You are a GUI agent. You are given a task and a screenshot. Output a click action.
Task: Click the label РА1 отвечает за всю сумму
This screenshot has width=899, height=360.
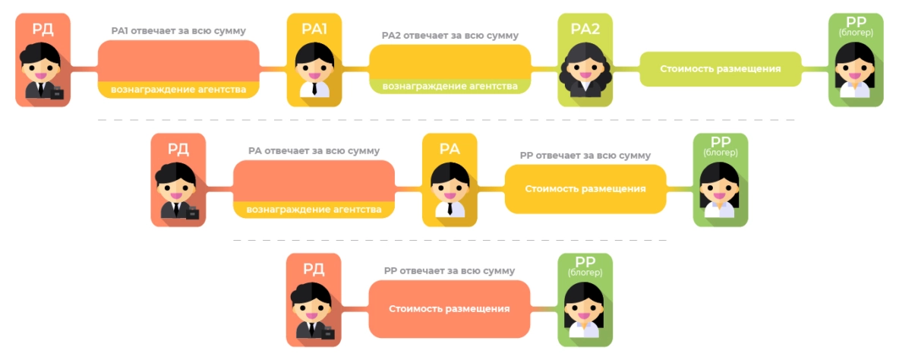point(178,31)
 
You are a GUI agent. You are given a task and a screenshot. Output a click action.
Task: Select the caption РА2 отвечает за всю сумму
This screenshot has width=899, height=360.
point(450,36)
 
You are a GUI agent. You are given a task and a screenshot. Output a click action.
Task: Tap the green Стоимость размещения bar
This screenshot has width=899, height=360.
point(721,68)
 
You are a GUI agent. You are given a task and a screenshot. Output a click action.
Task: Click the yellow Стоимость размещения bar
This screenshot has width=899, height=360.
point(585,188)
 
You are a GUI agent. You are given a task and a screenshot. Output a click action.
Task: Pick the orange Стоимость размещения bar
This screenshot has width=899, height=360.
point(449,309)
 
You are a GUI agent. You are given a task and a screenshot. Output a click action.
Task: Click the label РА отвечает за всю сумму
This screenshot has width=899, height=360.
point(314,151)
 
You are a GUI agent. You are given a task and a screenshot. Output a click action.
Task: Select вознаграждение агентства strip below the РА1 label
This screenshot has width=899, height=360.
point(178,90)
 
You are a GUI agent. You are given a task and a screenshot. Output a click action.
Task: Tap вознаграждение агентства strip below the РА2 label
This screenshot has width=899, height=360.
point(450,86)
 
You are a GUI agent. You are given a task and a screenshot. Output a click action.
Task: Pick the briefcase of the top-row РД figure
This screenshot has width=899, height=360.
point(56,93)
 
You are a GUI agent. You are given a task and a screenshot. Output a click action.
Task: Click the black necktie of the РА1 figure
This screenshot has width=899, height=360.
point(314,87)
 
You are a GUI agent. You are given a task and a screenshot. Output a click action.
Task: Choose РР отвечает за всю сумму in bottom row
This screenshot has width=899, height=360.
point(449,271)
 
